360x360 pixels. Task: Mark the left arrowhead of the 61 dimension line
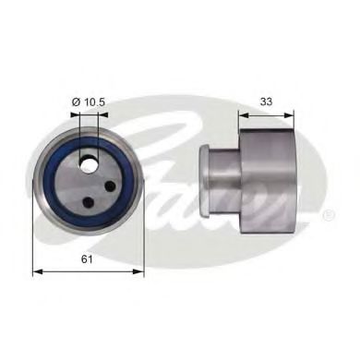pyautogui.click(x=37, y=272)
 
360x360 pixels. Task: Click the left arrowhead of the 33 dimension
pyautogui.click(x=244, y=116)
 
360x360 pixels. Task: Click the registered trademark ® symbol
pyautogui.click(x=329, y=216)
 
